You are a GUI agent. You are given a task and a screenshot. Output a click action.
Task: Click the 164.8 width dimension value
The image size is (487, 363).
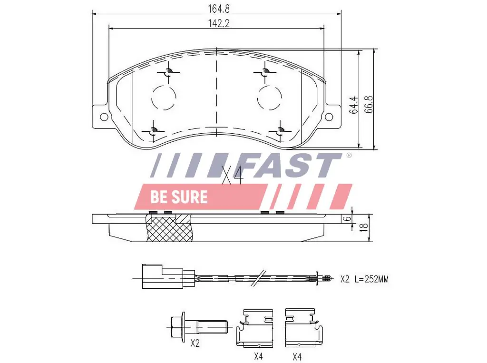218,9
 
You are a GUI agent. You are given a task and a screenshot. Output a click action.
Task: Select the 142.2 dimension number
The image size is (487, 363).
218,23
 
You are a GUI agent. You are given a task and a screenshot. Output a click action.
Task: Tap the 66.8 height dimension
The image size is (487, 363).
368,104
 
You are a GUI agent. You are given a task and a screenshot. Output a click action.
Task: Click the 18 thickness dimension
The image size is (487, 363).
364,227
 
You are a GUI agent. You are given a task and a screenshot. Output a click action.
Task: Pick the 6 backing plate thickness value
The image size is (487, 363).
348,218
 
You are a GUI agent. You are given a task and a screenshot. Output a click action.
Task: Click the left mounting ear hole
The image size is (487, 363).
104,117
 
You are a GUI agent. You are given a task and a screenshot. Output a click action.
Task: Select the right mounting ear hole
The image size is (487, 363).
329,117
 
